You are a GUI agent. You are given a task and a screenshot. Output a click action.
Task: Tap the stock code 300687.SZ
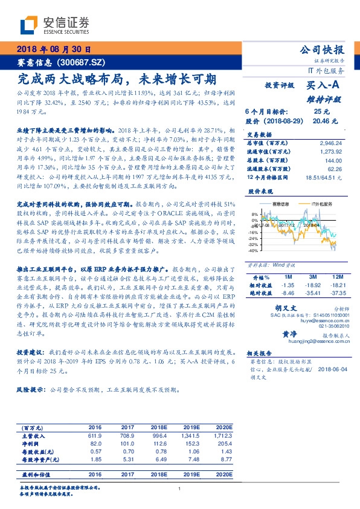click(x=84, y=62)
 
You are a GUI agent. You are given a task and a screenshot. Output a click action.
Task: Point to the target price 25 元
click(x=321, y=112)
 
